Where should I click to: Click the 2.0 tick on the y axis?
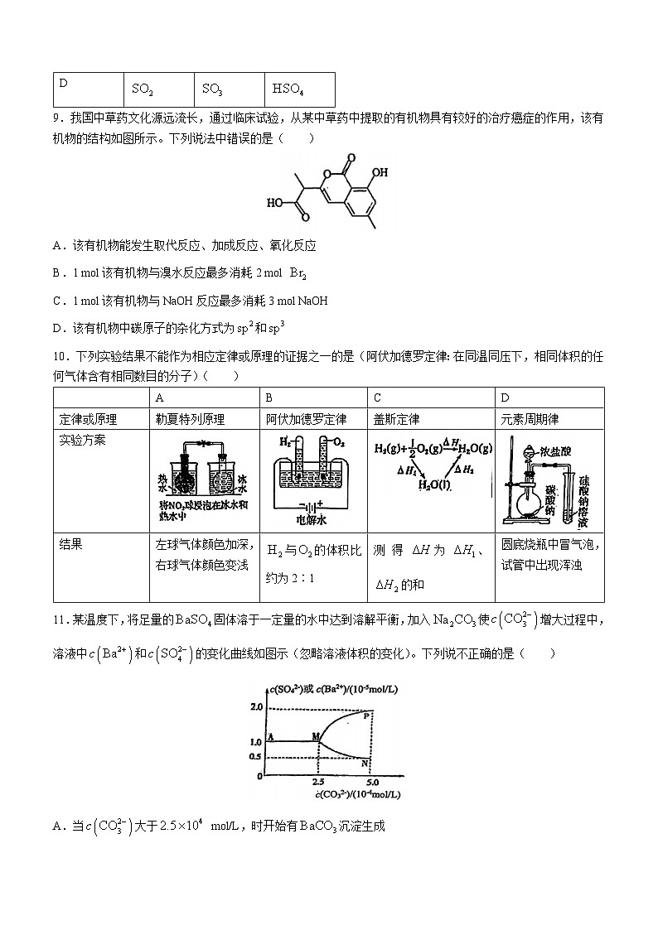click(x=255, y=706)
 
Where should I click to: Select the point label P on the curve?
click(x=366, y=715)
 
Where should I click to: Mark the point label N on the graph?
click(x=365, y=764)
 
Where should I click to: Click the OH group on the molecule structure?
click(x=380, y=174)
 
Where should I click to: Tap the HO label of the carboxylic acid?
click(x=275, y=202)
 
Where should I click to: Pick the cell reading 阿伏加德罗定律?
click(x=306, y=420)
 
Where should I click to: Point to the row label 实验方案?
click(x=83, y=441)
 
